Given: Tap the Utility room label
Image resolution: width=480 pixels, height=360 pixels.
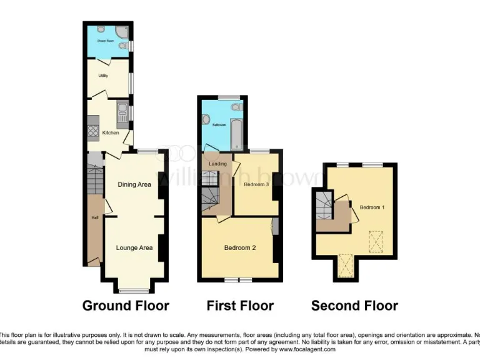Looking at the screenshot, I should point(103,76).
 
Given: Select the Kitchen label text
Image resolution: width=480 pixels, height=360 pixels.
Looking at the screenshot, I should point(111,132).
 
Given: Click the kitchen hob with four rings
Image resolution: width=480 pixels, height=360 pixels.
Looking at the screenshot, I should point(92,131).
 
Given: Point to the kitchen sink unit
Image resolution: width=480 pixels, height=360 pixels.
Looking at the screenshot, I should point(122,114).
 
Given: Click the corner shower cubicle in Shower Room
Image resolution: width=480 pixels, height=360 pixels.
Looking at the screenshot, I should point(121,31).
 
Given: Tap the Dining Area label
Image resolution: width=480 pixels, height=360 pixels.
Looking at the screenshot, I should point(134,184).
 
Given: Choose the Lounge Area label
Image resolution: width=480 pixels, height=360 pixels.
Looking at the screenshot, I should point(134,248).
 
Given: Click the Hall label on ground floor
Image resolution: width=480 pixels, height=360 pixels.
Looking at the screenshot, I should point(95,217).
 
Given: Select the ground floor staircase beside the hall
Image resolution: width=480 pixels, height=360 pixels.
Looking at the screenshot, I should point(94,180).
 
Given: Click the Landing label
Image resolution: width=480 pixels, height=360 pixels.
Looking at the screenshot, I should point(217,164).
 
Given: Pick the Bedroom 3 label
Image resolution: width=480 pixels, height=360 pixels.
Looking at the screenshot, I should point(256,185).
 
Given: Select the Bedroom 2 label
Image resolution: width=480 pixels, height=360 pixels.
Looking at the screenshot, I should point(240,248).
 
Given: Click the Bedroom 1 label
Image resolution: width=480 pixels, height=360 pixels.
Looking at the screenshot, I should point(372,207).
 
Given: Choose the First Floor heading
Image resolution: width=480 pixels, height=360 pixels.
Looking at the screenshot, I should point(240,306).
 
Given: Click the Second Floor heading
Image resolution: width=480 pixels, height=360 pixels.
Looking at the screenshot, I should point(354,306).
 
